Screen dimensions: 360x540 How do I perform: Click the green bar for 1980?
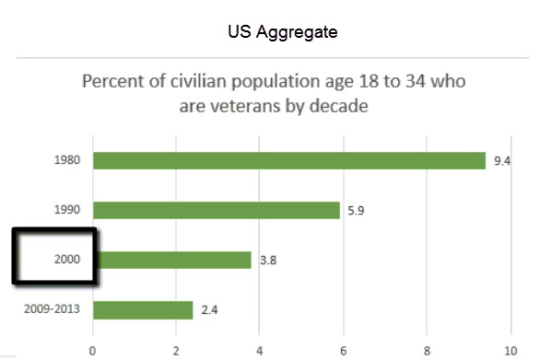(x=288, y=160)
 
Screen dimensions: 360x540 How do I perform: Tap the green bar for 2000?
(x=171, y=260)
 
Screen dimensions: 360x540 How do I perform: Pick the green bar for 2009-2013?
(x=143, y=309)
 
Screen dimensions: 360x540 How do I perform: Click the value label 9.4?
(x=502, y=160)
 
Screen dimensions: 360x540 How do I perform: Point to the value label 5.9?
(x=356, y=210)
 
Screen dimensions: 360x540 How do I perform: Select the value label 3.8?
(x=267, y=260)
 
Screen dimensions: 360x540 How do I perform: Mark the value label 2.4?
(x=209, y=309)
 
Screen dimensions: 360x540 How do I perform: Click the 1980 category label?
(x=67, y=160)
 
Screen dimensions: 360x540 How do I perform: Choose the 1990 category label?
(x=67, y=210)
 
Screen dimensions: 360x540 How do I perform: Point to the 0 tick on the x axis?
(x=92, y=350)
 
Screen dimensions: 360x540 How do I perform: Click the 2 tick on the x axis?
(x=176, y=350)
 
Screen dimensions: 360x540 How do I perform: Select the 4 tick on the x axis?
(x=260, y=350)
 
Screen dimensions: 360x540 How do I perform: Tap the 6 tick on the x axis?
(x=344, y=350)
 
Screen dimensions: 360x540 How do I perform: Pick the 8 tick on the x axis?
(x=428, y=350)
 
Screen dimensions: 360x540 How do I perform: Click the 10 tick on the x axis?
(x=510, y=350)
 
